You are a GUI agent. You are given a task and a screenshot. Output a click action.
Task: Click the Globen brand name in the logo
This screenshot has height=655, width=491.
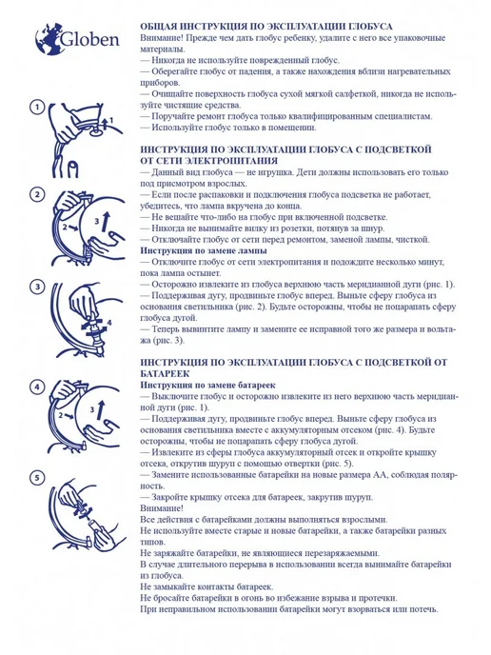tap(90, 40)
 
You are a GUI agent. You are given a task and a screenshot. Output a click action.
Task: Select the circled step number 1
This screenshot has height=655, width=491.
tap(37, 108)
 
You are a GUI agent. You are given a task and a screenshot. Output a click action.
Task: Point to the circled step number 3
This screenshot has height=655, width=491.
tap(37, 287)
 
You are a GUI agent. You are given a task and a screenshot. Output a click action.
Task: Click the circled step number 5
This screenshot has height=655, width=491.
tap(37, 477)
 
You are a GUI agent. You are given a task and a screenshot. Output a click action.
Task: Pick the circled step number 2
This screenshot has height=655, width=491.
tap(37, 194)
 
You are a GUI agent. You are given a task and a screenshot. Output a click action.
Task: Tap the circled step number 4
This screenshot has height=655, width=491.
tap(37, 387)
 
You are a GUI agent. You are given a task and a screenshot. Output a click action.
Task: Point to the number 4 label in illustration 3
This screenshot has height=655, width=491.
tap(109, 323)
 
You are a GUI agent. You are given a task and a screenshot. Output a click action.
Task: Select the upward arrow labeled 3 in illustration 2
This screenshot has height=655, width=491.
tap(107, 221)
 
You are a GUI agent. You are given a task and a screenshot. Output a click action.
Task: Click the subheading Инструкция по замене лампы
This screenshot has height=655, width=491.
tap(204, 250)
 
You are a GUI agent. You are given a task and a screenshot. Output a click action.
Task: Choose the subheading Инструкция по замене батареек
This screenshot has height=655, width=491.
tap(208, 386)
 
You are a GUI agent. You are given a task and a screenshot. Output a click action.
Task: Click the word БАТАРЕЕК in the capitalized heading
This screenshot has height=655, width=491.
tap(165, 373)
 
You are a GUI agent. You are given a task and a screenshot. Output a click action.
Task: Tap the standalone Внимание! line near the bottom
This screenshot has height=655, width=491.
tap(162, 508)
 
